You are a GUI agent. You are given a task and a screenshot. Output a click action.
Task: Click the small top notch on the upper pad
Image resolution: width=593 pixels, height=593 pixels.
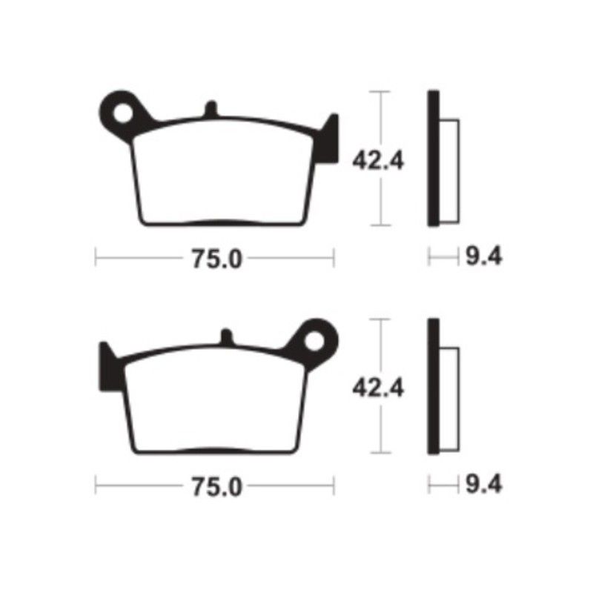(x=211, y=108)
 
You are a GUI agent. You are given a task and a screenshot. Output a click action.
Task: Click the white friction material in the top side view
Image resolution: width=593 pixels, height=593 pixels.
(x=450, y=170)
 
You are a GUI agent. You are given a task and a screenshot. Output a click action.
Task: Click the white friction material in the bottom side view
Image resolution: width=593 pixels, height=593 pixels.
(x=450, y=398)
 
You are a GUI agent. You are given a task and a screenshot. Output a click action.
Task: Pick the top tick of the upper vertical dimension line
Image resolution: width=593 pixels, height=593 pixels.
(x=380, y=92)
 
